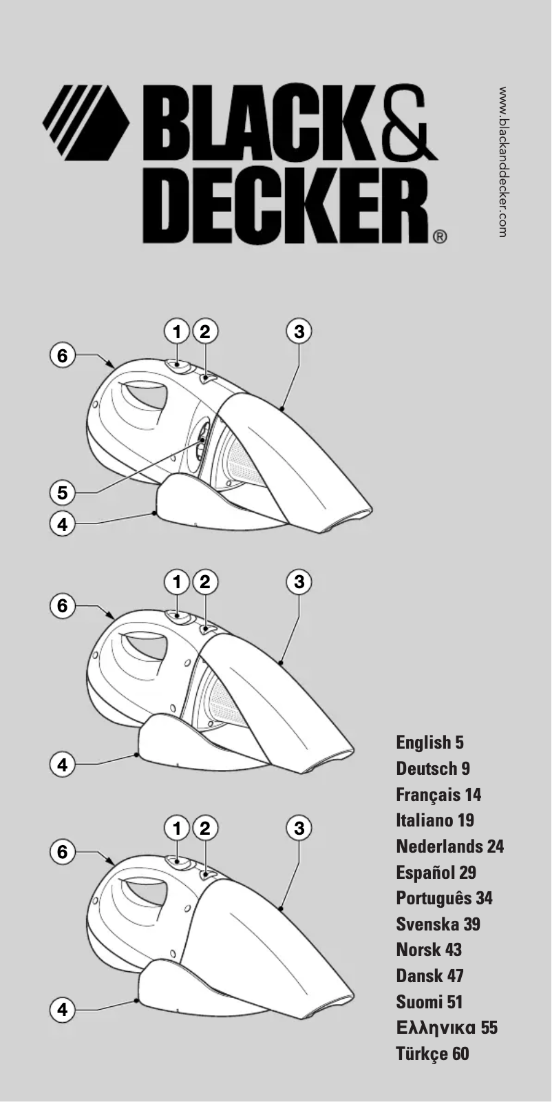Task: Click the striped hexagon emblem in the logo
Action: click(86, 118)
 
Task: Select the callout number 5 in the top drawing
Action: click(63, 493)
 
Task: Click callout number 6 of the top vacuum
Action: click(63, 355)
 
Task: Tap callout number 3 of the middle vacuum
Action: click(299, 582)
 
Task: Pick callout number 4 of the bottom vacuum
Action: click(63, 1010)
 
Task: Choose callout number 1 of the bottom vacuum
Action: click(177, 827)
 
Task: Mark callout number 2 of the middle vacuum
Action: click(204, 582)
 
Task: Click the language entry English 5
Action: click(429, 742)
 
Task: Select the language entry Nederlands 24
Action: click(449, 846)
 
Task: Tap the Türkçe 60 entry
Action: click(432, 1053)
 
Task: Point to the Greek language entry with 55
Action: click(447, 1028)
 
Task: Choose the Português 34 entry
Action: click(444, 898)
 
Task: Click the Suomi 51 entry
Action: click(429, 1001)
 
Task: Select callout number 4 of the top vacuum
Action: click(63, 523)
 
